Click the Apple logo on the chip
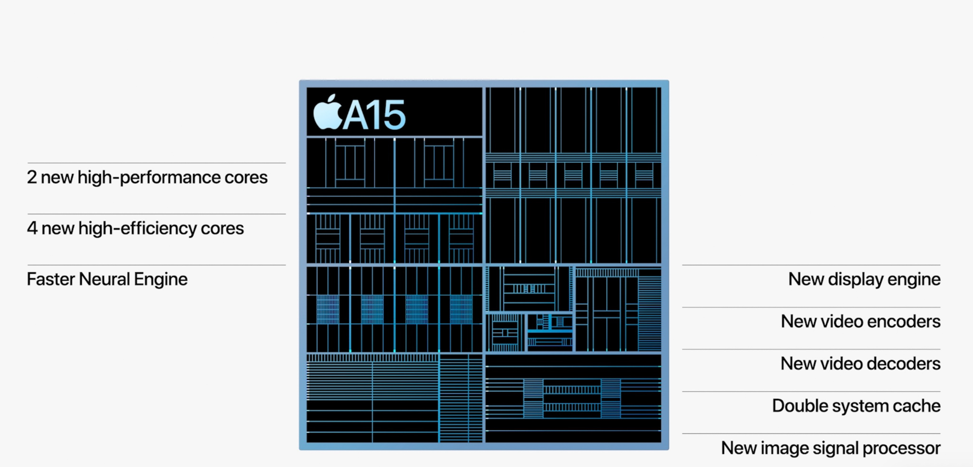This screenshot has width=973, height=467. [328, 113]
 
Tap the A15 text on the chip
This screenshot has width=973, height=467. [374, 115]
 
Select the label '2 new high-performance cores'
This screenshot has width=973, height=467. [147, 178]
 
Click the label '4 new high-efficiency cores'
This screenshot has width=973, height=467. [135, 229]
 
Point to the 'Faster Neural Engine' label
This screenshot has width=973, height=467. [107, 279]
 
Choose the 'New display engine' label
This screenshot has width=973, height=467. [864, 279]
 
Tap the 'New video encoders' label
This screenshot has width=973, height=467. [860, 322]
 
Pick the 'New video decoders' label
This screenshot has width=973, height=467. [860, 364]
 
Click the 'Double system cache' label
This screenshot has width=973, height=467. [856, 406]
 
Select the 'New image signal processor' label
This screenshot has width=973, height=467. [830, 448]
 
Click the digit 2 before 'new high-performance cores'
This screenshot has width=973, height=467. [32, 178]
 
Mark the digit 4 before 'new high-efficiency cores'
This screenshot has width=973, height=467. [32, 229]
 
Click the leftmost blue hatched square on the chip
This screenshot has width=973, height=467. [328, 309]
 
